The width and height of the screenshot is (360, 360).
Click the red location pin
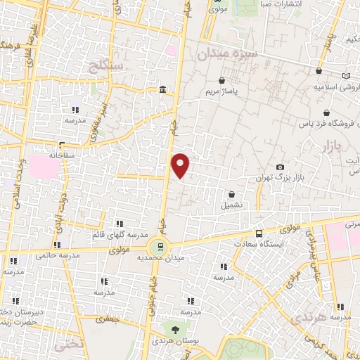click(181, 165)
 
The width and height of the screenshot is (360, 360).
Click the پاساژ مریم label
click(237, 92)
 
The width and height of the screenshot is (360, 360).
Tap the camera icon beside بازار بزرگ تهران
click(281, 167)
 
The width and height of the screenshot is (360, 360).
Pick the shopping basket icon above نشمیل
click(232, 193)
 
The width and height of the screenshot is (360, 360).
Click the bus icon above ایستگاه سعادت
click(259, 233)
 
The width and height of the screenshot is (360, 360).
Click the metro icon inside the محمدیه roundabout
click(160, 246)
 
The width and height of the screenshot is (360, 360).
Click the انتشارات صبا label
click(264, 3)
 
